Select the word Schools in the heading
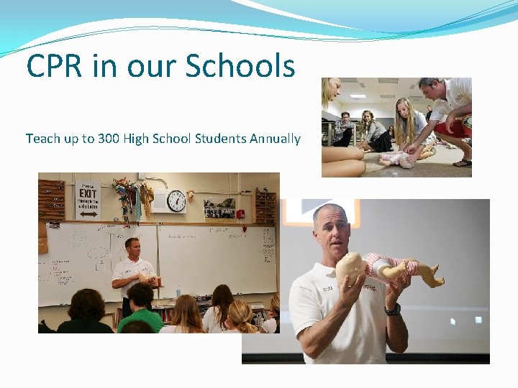point(240,66)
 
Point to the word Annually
point(275,139)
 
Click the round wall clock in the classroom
point(176,201)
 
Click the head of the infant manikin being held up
point(351,268)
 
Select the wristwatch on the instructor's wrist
point(393,309)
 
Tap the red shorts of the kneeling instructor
point(460,128)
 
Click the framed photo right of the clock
point(219,207)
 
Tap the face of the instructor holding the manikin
point(331,228)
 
